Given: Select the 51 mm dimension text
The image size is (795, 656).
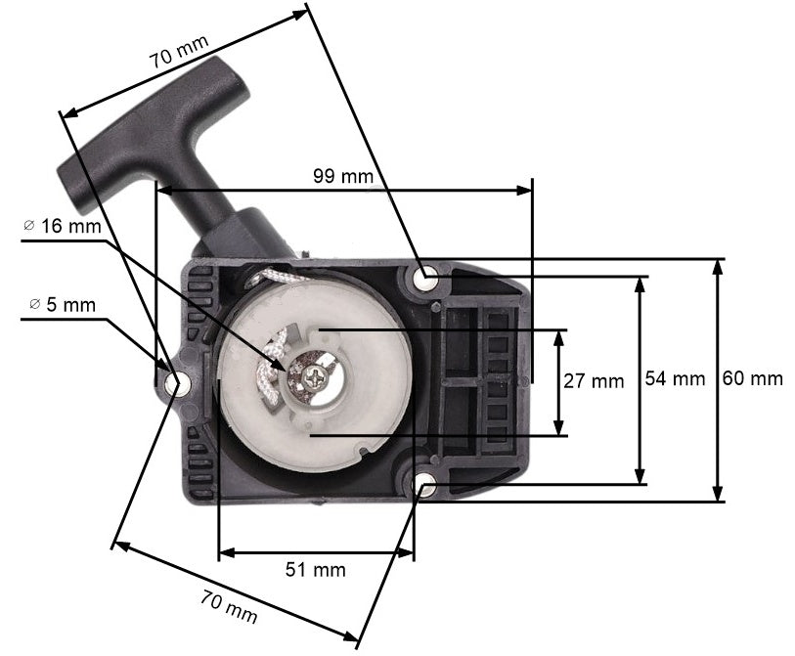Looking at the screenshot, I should coord(316,569).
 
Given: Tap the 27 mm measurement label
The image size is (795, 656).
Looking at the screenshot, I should coord(594,381).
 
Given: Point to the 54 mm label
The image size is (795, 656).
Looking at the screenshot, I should coord(675,378).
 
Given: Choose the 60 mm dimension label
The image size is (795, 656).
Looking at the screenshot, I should coord(752,378).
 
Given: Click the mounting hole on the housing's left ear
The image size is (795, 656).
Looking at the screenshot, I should coord(176,384).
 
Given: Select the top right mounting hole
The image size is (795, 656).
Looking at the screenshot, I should coord(426,279).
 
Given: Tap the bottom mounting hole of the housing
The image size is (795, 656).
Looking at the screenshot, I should coord(426,484).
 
